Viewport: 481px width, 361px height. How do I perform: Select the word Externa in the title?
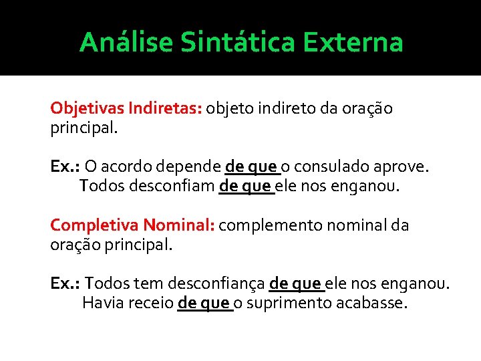(353, 42)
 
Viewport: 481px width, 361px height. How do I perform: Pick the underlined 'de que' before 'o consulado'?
(252, 166)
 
